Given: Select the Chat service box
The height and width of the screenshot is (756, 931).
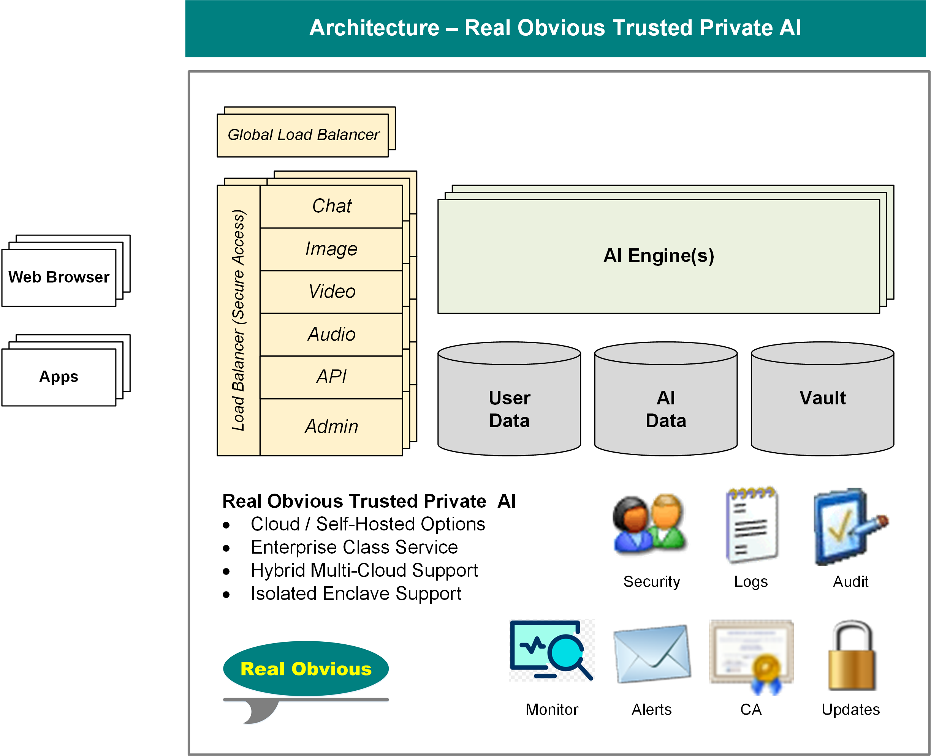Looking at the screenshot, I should coord(331,206).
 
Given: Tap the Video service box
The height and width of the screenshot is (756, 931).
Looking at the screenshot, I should coord(331,291).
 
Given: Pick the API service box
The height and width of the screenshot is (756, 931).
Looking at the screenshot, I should coord(331,377).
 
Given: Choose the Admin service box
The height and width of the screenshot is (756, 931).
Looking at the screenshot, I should coord(331,426).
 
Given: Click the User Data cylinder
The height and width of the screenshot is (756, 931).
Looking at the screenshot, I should coord(509,409).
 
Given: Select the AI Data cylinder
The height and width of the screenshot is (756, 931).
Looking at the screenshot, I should coord(665,409).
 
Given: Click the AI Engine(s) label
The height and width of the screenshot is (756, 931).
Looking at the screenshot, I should coord(658,256).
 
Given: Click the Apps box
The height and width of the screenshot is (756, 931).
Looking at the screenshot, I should coord(59,377).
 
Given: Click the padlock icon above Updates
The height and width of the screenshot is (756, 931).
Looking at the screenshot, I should coord(851,656).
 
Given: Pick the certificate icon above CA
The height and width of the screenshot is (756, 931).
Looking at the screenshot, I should coord(751,656).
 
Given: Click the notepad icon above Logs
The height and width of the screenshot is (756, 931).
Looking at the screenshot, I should coord(751,525).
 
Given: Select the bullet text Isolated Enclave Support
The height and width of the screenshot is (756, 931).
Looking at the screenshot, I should coord(356,593).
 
